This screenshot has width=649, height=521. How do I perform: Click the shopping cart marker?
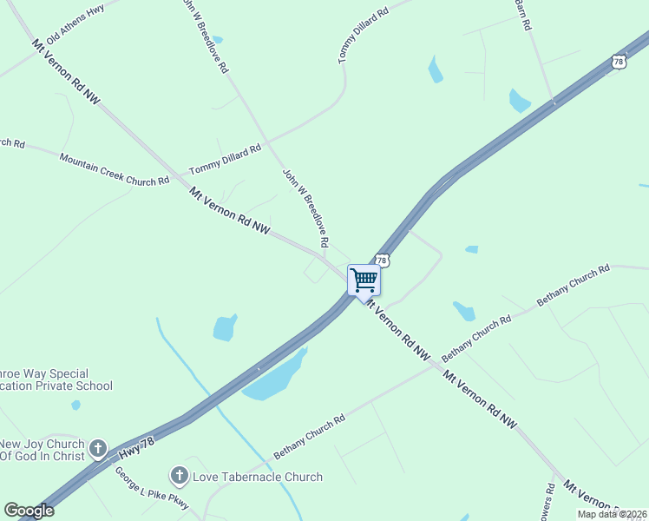coord(364,280)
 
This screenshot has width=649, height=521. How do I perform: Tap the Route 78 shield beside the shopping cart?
coord(382,260)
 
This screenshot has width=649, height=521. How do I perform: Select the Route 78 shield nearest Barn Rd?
coord(618,61)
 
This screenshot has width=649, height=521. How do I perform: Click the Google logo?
coord(29,511)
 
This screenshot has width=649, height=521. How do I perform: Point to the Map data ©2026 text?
coord(612,514)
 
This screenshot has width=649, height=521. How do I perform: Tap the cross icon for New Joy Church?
coord(98,449)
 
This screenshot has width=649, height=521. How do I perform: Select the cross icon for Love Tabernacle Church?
coord(180,475)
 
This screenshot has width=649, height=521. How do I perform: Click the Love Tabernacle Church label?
coord(257,477)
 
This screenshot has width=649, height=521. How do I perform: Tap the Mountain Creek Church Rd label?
coord(114,170)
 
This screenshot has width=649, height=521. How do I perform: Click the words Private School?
coord(76,386)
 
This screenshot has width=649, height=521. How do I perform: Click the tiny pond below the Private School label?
coord(76,405)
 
